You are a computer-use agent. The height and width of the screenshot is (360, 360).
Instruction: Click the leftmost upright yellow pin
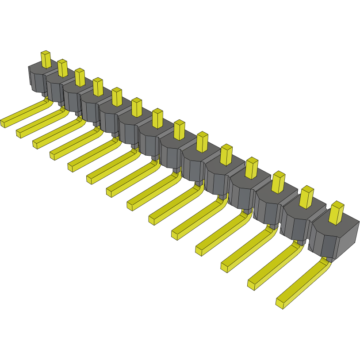(46, 59)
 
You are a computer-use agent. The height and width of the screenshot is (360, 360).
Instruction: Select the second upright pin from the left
(62, 68)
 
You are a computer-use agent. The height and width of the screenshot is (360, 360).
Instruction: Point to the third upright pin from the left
(80, 77)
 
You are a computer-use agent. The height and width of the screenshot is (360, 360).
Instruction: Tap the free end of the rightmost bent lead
(280, 303)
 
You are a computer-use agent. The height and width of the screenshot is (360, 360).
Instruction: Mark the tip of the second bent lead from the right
(252, 284)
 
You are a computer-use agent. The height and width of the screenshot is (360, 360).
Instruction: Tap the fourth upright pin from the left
(98, 86)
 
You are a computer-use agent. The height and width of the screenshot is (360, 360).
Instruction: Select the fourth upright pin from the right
(252, 168)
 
